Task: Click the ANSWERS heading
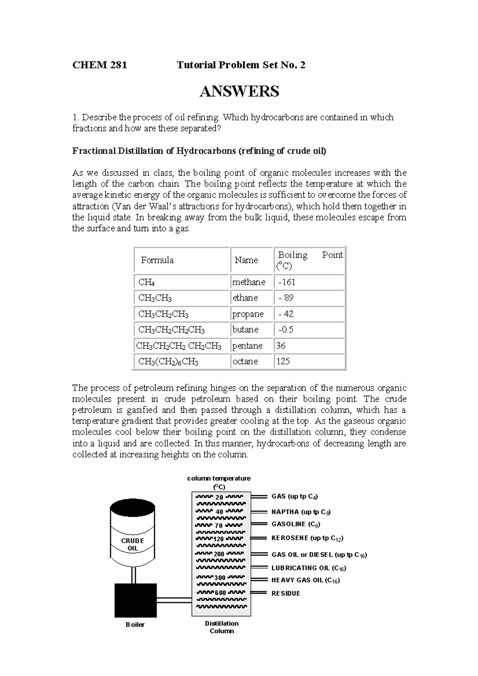239,92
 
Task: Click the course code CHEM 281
100,65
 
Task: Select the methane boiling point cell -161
287,282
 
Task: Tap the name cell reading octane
245,361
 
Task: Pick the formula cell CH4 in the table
146,282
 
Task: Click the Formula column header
157,260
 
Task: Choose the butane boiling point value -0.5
286,330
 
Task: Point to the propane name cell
248,314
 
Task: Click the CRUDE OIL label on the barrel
133,544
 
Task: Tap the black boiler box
135,600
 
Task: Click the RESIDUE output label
286,593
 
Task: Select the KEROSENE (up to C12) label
307,538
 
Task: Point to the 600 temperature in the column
220,592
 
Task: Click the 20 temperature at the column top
219,497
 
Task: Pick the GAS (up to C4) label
294,496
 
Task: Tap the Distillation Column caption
221,627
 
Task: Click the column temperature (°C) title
219,482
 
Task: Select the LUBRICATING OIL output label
309,568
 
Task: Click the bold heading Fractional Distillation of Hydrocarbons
199,151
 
